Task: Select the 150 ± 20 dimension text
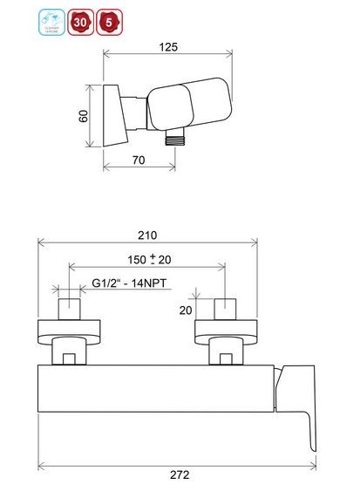pos(146,259)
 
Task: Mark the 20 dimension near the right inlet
pos(185,310)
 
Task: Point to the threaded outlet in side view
pos(177,135)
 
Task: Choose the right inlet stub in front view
pos(227,310)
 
